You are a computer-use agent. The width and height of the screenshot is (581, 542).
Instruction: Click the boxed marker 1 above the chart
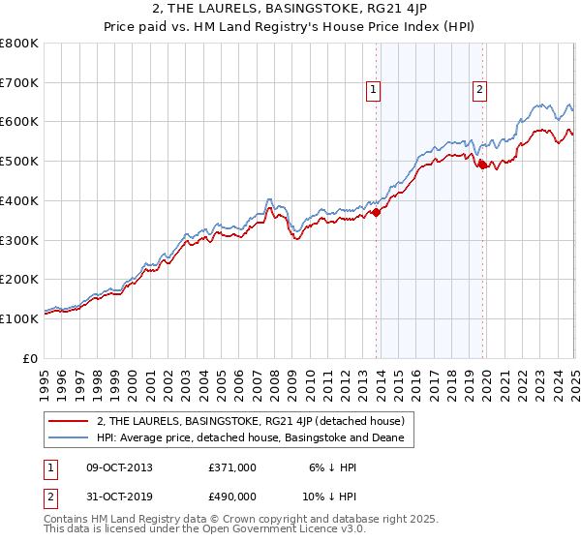374,91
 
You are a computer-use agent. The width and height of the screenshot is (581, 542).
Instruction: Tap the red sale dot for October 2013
376,213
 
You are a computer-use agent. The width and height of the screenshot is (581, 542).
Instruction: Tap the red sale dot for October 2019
482,166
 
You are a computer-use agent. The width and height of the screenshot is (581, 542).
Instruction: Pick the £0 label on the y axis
31,358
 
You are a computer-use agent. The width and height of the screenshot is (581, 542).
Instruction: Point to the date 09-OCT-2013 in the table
119,467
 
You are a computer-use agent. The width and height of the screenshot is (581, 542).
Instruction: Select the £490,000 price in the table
232,496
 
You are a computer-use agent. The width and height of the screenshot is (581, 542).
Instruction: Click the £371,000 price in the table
232,467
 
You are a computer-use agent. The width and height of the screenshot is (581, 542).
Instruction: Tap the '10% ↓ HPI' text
331,496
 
